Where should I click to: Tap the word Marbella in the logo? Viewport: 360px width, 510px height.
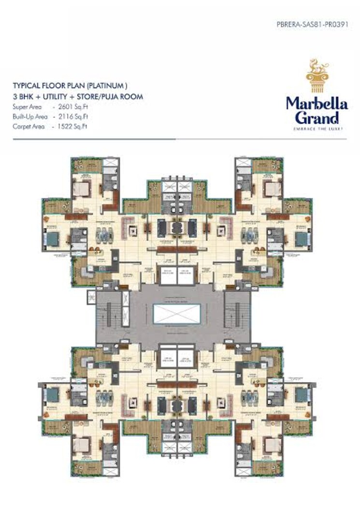(317, 103)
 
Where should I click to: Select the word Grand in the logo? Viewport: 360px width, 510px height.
(317, 117)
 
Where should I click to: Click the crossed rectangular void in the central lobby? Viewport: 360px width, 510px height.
(177, 314)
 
